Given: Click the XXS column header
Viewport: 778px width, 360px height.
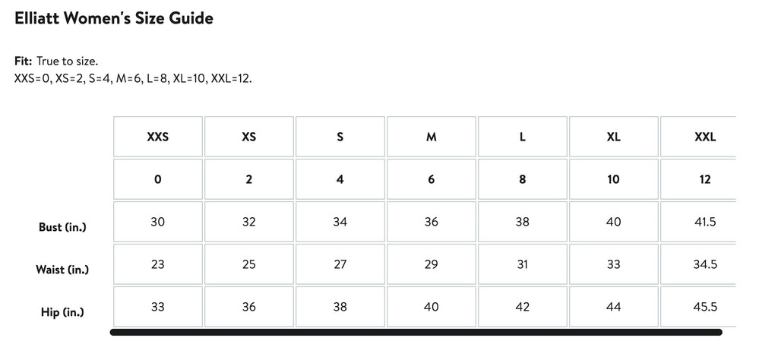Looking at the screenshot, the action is point(158,137).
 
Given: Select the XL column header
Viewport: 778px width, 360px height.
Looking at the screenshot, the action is point(613,137).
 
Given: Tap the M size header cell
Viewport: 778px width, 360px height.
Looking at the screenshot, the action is point(432,137).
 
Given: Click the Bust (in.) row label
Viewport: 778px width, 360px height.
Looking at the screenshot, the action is point(62,227).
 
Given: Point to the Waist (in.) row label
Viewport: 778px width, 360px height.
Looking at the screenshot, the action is point(62,270).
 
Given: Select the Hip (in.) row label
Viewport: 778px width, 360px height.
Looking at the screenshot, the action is point(62,312).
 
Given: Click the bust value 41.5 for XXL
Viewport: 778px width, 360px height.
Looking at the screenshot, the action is point(705,222).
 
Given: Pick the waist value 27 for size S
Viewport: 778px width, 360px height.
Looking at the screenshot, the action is point(340,264).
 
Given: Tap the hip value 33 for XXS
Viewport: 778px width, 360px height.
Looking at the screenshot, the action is point(158,307).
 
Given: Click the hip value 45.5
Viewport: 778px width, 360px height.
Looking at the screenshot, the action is point(705,307).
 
